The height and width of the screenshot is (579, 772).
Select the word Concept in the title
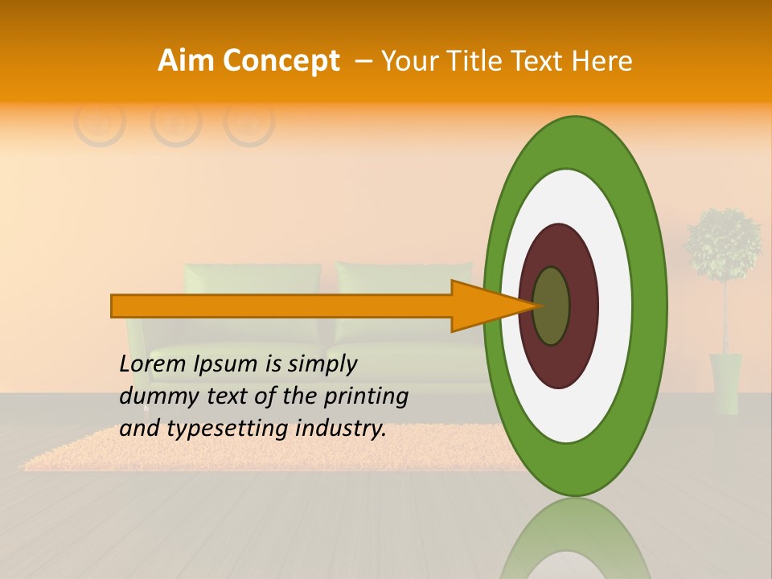click(281, 61)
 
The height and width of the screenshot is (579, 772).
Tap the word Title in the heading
click(478, 61)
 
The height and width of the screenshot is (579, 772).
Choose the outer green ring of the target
click(648, 306)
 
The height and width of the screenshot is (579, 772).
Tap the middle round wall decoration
click(175, 121)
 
